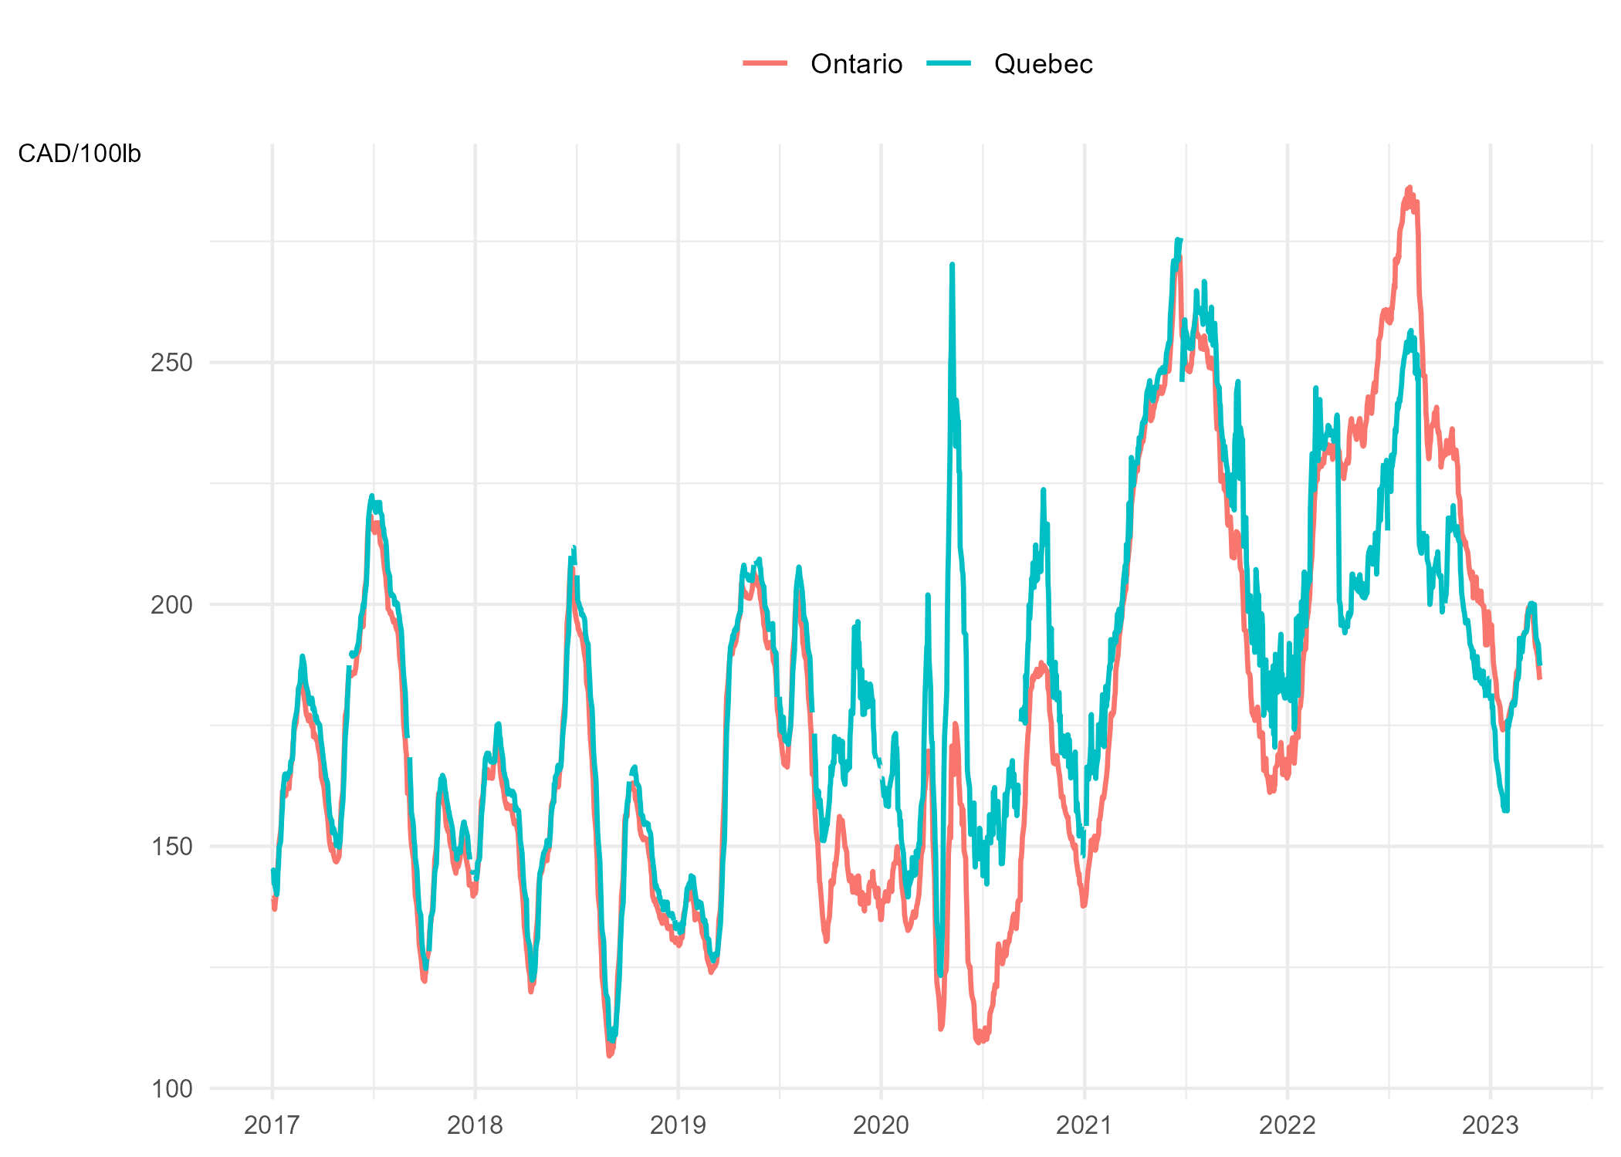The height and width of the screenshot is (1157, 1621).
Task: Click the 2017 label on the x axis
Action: tap(272, 1125)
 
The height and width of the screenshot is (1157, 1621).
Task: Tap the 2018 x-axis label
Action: tap(475, 1125)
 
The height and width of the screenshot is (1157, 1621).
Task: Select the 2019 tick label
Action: tap(678, 1125)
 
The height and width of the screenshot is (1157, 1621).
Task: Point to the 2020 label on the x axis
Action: tap(881, 1125)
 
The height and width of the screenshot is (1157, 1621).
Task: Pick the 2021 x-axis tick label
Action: tap(1084, 1125)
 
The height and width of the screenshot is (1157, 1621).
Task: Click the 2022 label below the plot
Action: tap(1287, 1125)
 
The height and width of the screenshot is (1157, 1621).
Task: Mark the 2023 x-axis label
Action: tap(1490, 1125)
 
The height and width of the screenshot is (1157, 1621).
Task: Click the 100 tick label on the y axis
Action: tap(171, 1089)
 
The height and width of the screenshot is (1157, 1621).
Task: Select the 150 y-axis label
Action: tap(171, 847)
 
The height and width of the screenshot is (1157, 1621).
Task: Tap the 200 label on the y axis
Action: tap(171, 604)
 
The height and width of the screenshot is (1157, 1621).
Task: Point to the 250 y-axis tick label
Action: tap(171, 362)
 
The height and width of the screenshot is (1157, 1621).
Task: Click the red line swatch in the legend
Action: tap(765, 63)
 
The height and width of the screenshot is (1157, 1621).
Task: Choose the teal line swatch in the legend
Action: tap(949, 63)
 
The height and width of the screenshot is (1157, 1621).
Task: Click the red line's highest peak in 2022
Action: tap(1409, 188)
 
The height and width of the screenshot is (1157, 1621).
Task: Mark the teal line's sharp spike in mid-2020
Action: tap(953, 265)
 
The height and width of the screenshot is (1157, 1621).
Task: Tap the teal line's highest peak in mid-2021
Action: tap(1179, 239)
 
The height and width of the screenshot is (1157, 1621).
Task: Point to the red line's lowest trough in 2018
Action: tap(610, 1055)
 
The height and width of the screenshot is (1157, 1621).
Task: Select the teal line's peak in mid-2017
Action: tap(372, 496)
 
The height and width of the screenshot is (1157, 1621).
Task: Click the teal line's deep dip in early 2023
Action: tap(1505, 810)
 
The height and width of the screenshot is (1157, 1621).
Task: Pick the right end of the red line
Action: tap(1540, 678)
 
